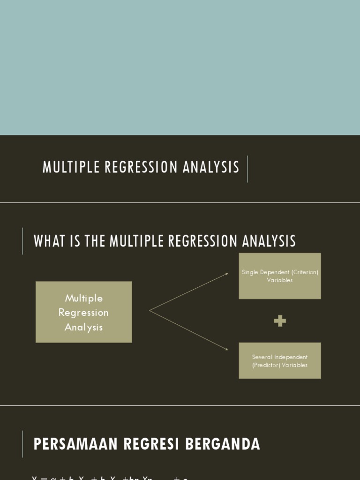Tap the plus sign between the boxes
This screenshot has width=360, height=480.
click(x=280, y=321)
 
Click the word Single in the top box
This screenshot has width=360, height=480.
click(x=250, y=272)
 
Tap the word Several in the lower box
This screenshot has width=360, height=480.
click(x=262, y=357)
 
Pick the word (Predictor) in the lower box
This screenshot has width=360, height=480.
click(x=267, y=365)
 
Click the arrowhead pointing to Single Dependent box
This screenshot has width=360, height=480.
click(x=226, y=274)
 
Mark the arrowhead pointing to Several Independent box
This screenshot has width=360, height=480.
click(x=226, y=349)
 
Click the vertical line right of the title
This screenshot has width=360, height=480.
click(x=247, y=169)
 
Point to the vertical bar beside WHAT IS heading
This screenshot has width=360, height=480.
click(x=22, y=241)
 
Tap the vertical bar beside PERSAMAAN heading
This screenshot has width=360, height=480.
click(x=22, y=444)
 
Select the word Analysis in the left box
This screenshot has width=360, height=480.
click(x=83, y=327)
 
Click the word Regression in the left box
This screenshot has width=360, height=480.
click(x=83, y=313)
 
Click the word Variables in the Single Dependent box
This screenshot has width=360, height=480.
click(x=280, y=280)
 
